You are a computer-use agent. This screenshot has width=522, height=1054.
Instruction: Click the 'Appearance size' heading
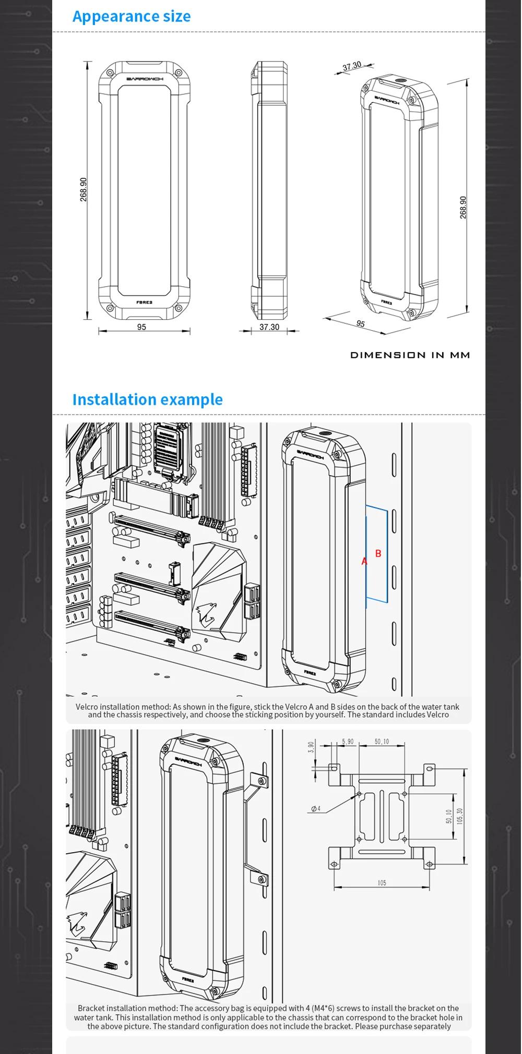click(x=132, y=17)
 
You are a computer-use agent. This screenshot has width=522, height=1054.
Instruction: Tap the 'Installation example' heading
click(x=147, y=399)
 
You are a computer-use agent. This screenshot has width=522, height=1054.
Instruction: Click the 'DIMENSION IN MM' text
click(x=410, y=355)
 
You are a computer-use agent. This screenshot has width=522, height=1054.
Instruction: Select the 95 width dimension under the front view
click(x=141, y=327)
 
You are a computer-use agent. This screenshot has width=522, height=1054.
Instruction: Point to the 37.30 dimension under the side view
click(x=269, y=327)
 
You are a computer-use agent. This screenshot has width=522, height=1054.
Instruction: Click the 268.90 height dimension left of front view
click(x=84, y=189)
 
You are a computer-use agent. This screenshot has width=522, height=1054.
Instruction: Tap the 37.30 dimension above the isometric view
click(x=352, y=66)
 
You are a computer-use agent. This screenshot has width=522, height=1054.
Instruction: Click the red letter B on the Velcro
click(x=378, y=554)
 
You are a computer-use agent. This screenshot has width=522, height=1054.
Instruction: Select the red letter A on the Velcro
click(x=364, y=562)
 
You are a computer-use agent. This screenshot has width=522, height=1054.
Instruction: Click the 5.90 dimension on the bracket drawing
click(x=348, y=742)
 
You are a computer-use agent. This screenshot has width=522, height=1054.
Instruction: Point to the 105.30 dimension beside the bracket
click(x=459, y=816)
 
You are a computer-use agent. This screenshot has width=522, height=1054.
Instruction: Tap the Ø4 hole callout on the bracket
click(x=316, y=809)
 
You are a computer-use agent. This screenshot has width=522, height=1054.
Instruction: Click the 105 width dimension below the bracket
click(x=382, y=883)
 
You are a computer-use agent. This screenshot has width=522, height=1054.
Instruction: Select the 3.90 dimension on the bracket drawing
click(x=311, y=747)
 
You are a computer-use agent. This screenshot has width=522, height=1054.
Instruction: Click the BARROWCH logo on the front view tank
click(x=145, y=79)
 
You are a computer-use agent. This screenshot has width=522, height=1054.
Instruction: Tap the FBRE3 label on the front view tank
click(x=144, y=302)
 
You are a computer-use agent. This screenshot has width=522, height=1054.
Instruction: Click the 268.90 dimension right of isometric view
click(x=463, y=207)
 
